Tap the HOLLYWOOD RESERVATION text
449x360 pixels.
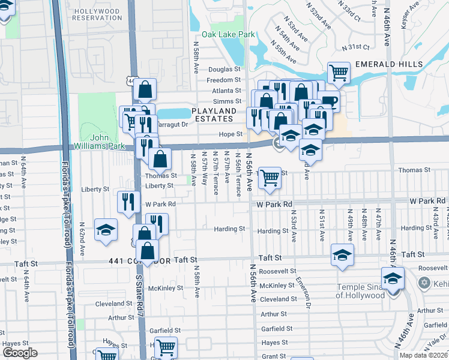point(97,14)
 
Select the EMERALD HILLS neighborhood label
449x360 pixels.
point(388,64)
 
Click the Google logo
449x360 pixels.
point(20,353)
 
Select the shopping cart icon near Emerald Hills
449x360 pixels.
point(339,73)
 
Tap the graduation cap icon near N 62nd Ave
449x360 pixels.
point(106,230)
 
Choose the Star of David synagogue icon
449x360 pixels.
point(424,282)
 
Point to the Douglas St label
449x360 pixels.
point(224,70)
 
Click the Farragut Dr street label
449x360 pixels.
point(173,125)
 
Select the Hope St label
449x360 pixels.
point(231,134)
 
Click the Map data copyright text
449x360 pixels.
point(424,355)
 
